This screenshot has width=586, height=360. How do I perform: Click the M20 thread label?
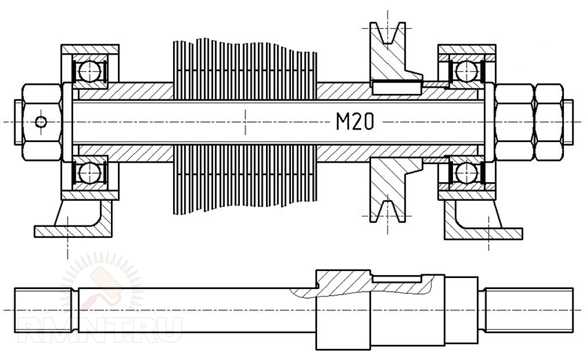tap(354, 121)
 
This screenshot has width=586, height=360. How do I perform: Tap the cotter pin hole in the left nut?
tap(41, 122)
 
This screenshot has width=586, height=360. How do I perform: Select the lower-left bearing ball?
tap(90, 172)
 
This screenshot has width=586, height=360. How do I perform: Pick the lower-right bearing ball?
tap(467, 172)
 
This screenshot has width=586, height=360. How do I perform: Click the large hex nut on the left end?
tap(41, 122)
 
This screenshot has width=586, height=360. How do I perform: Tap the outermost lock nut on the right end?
tap(549, 122)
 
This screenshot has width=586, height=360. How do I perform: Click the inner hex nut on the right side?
tap(514, 122)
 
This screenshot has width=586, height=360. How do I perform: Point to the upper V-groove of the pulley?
tap(387, 34)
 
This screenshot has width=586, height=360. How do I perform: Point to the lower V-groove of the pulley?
tap(387, 211)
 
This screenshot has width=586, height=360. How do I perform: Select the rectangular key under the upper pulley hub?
tap(396, 88)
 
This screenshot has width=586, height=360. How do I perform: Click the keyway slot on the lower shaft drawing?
tap(397, 279)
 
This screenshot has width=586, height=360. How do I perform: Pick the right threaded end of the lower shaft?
tap(529, 310)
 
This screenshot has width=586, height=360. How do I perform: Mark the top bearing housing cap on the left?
tap(90, 50)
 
